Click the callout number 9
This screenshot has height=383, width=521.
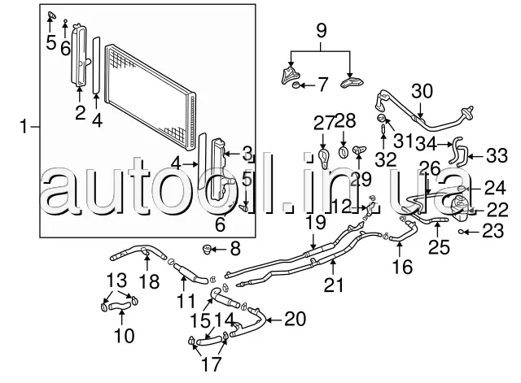(322, 31)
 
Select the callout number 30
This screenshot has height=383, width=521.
(422, 91)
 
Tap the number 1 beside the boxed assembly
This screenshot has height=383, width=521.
(24, 127)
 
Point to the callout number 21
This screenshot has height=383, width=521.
(334, 285)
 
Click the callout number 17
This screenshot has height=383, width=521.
(211, 364)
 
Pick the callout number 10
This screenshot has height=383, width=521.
(125, 336)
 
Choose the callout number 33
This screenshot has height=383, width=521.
(497, 155)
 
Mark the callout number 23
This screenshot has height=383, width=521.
(493, 231)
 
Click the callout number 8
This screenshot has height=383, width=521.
(235, 249)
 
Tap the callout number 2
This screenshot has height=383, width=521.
(80, 113)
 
